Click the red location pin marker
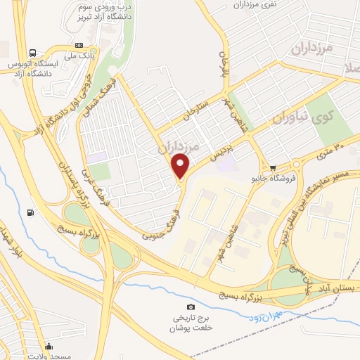181,166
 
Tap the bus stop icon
33,53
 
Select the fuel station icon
30,212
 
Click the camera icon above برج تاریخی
191,307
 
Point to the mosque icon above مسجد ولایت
49,346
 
